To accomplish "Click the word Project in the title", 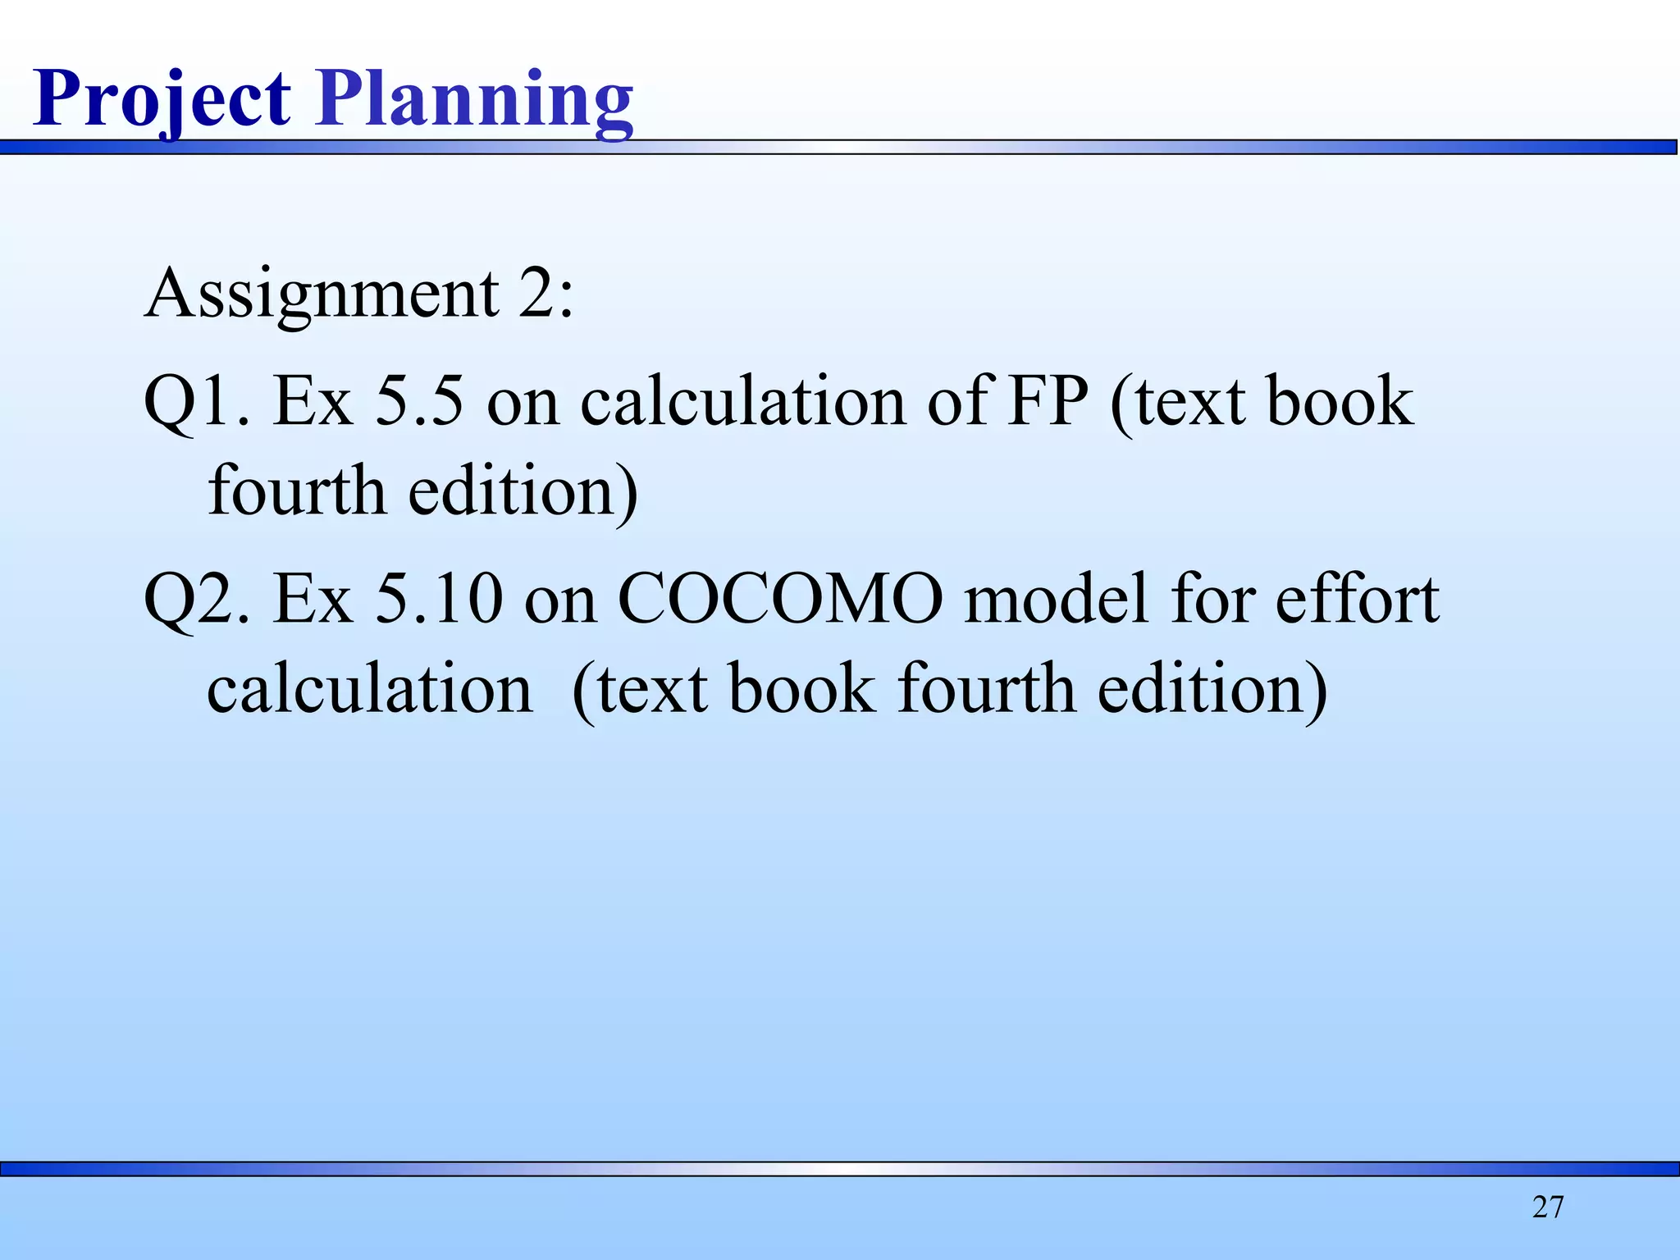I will pyautogui.click(x=162, y=99).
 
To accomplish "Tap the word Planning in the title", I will pyautogui.click(x=474, y=99).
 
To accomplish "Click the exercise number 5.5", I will pyautogui.click(x=419, y=402).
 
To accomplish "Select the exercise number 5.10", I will pyautogui.click(x=438, y=600).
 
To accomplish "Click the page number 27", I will pyautogui.click(x=1548, y=1207).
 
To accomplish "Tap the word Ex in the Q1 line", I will pyautogui.click(x=313, y=402).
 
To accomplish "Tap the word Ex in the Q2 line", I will pyautogui.click(x=313, y=600).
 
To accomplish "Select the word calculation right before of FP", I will pyautogui.click(x=743, y=402).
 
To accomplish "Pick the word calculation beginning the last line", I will pyautogui.click(x=369, y=689).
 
